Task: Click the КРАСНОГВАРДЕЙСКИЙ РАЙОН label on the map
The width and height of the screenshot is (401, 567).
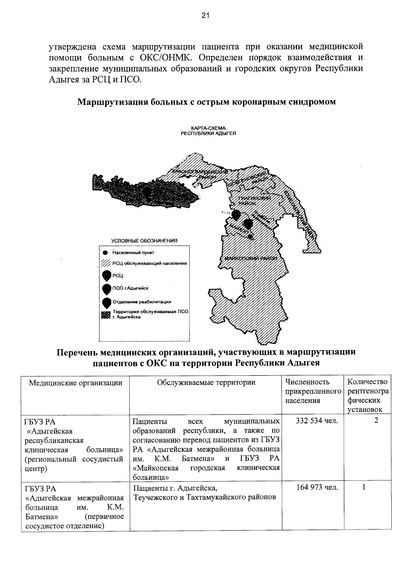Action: (200, 174)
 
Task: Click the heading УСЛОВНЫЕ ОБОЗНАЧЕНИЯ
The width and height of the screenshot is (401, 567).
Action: (144, 241)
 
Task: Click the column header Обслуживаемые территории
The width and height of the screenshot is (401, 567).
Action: (206, 383)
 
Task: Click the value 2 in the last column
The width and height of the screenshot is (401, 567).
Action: (376, 421)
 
